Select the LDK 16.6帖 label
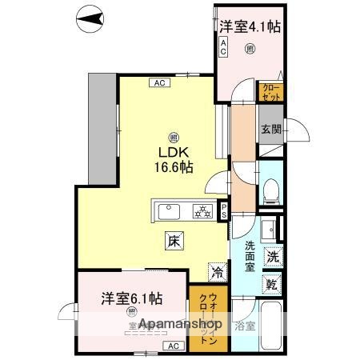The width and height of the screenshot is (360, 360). [174, 160]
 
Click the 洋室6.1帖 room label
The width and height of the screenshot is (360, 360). [132, 298]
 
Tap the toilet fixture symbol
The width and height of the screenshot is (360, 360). [270, 190]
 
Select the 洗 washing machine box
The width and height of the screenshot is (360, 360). [272, 258]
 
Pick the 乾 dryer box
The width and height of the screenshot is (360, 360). [272, 284]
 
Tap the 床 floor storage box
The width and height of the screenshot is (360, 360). [174, 238]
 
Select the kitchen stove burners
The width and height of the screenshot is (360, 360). [203, 211]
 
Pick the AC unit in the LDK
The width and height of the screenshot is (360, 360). [158, 82]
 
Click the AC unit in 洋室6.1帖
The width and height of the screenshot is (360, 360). [172, 346]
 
